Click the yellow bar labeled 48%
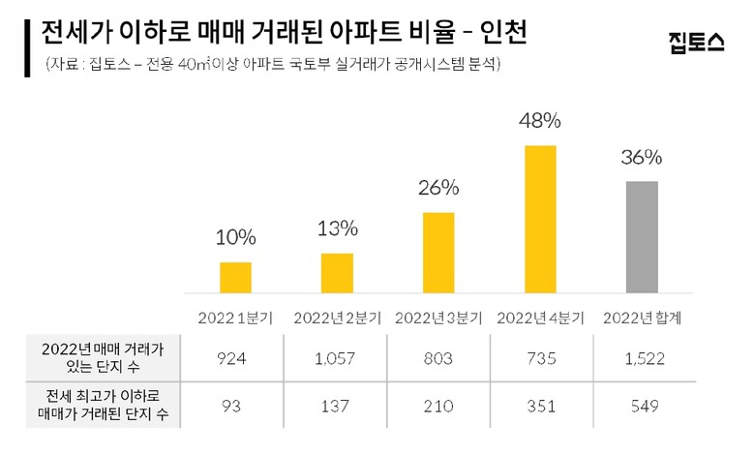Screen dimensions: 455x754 pos(540,219)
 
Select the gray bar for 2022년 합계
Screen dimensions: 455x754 pos(642,236)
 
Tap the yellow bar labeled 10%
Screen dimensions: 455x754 pos(235,277)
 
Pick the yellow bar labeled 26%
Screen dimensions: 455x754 pos(438,252)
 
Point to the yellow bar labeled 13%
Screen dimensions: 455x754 pos(337,272)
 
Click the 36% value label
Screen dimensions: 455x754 pos(642,158)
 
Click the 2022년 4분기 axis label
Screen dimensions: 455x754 pos(540,317)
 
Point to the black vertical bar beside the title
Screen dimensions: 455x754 pos(29,45)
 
